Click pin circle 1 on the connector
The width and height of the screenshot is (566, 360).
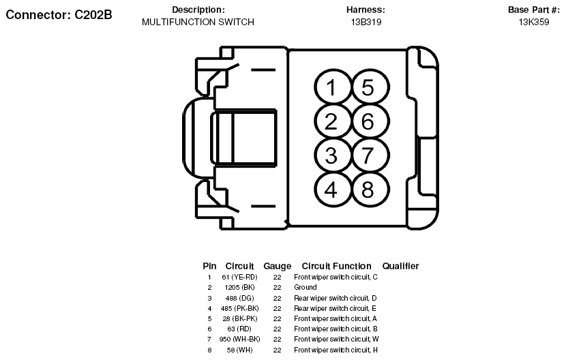tap(331, 88)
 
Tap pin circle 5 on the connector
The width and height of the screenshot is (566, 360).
tap(368, 88)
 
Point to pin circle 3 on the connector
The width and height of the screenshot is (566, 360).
tap(331, 155)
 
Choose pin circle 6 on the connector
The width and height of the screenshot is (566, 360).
tap(368, 122)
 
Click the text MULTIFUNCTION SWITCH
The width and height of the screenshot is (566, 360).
tap(198, 22)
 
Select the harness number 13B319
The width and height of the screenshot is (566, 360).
tap(366, 22)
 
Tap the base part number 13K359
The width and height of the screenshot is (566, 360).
tap(534, 22)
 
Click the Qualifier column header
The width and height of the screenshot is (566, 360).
tap(400, 266)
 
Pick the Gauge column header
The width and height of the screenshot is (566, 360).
tap(277, 266)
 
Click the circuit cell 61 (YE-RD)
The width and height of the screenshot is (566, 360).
tap(239, 277)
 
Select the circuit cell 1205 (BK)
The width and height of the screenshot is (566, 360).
tap(239, 288)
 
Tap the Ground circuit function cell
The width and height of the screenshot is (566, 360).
tap(306, 288)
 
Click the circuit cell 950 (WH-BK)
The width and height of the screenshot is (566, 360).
tap(239, 340)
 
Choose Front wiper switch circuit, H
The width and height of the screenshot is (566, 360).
tap(336, 350)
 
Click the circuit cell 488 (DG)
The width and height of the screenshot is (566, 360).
tap(239, 298)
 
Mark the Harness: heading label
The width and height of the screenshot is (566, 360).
tap(366, 10)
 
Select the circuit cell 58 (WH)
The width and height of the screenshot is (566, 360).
tap(239, 350)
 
